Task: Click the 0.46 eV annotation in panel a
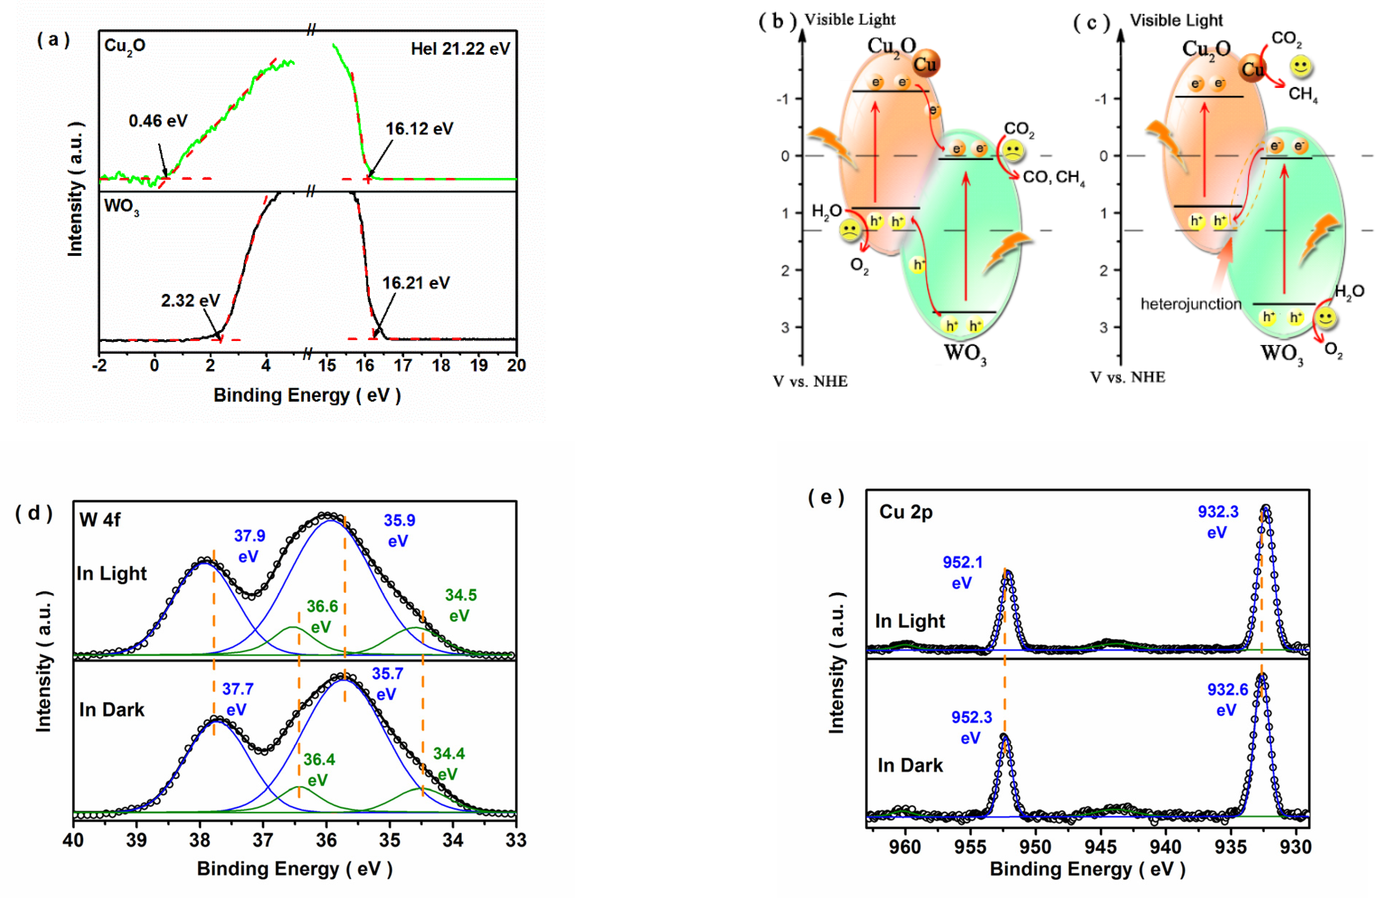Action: coord(158,121)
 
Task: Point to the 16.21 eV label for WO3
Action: coord(416,283)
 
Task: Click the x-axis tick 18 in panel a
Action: coord(440,366)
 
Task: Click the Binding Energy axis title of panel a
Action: coord(307,395)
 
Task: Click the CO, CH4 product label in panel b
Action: coord(1053,177)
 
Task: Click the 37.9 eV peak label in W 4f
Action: coord(249,545)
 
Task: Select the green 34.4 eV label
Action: coord(448,763)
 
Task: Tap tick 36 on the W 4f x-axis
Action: coord(326,840)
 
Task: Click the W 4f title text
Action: coord(100,519)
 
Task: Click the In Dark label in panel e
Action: coord(910,765)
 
